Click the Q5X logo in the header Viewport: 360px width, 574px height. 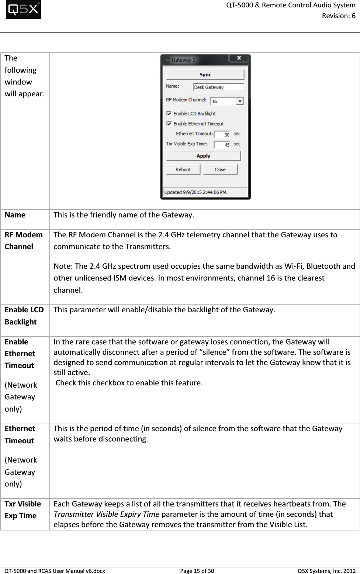pos(23,10)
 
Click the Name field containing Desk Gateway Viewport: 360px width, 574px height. pos(218,87)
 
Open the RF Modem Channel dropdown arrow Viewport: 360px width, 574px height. pos(240,101)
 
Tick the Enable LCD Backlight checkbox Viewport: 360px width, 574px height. pos(169,114)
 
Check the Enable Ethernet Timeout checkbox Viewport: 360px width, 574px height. pos(169,124)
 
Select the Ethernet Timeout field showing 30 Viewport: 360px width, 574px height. pos(222,134)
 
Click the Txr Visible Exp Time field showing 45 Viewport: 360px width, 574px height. pos(222,144)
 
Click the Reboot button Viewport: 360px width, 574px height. pos(183,169)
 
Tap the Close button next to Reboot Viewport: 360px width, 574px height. pos(220,169)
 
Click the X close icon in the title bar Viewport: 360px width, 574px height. pos(239,58)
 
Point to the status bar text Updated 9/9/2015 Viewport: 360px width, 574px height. pos(196,192)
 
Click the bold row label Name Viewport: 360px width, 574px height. pos(15,215)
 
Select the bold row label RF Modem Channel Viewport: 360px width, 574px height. pos(24,241)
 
